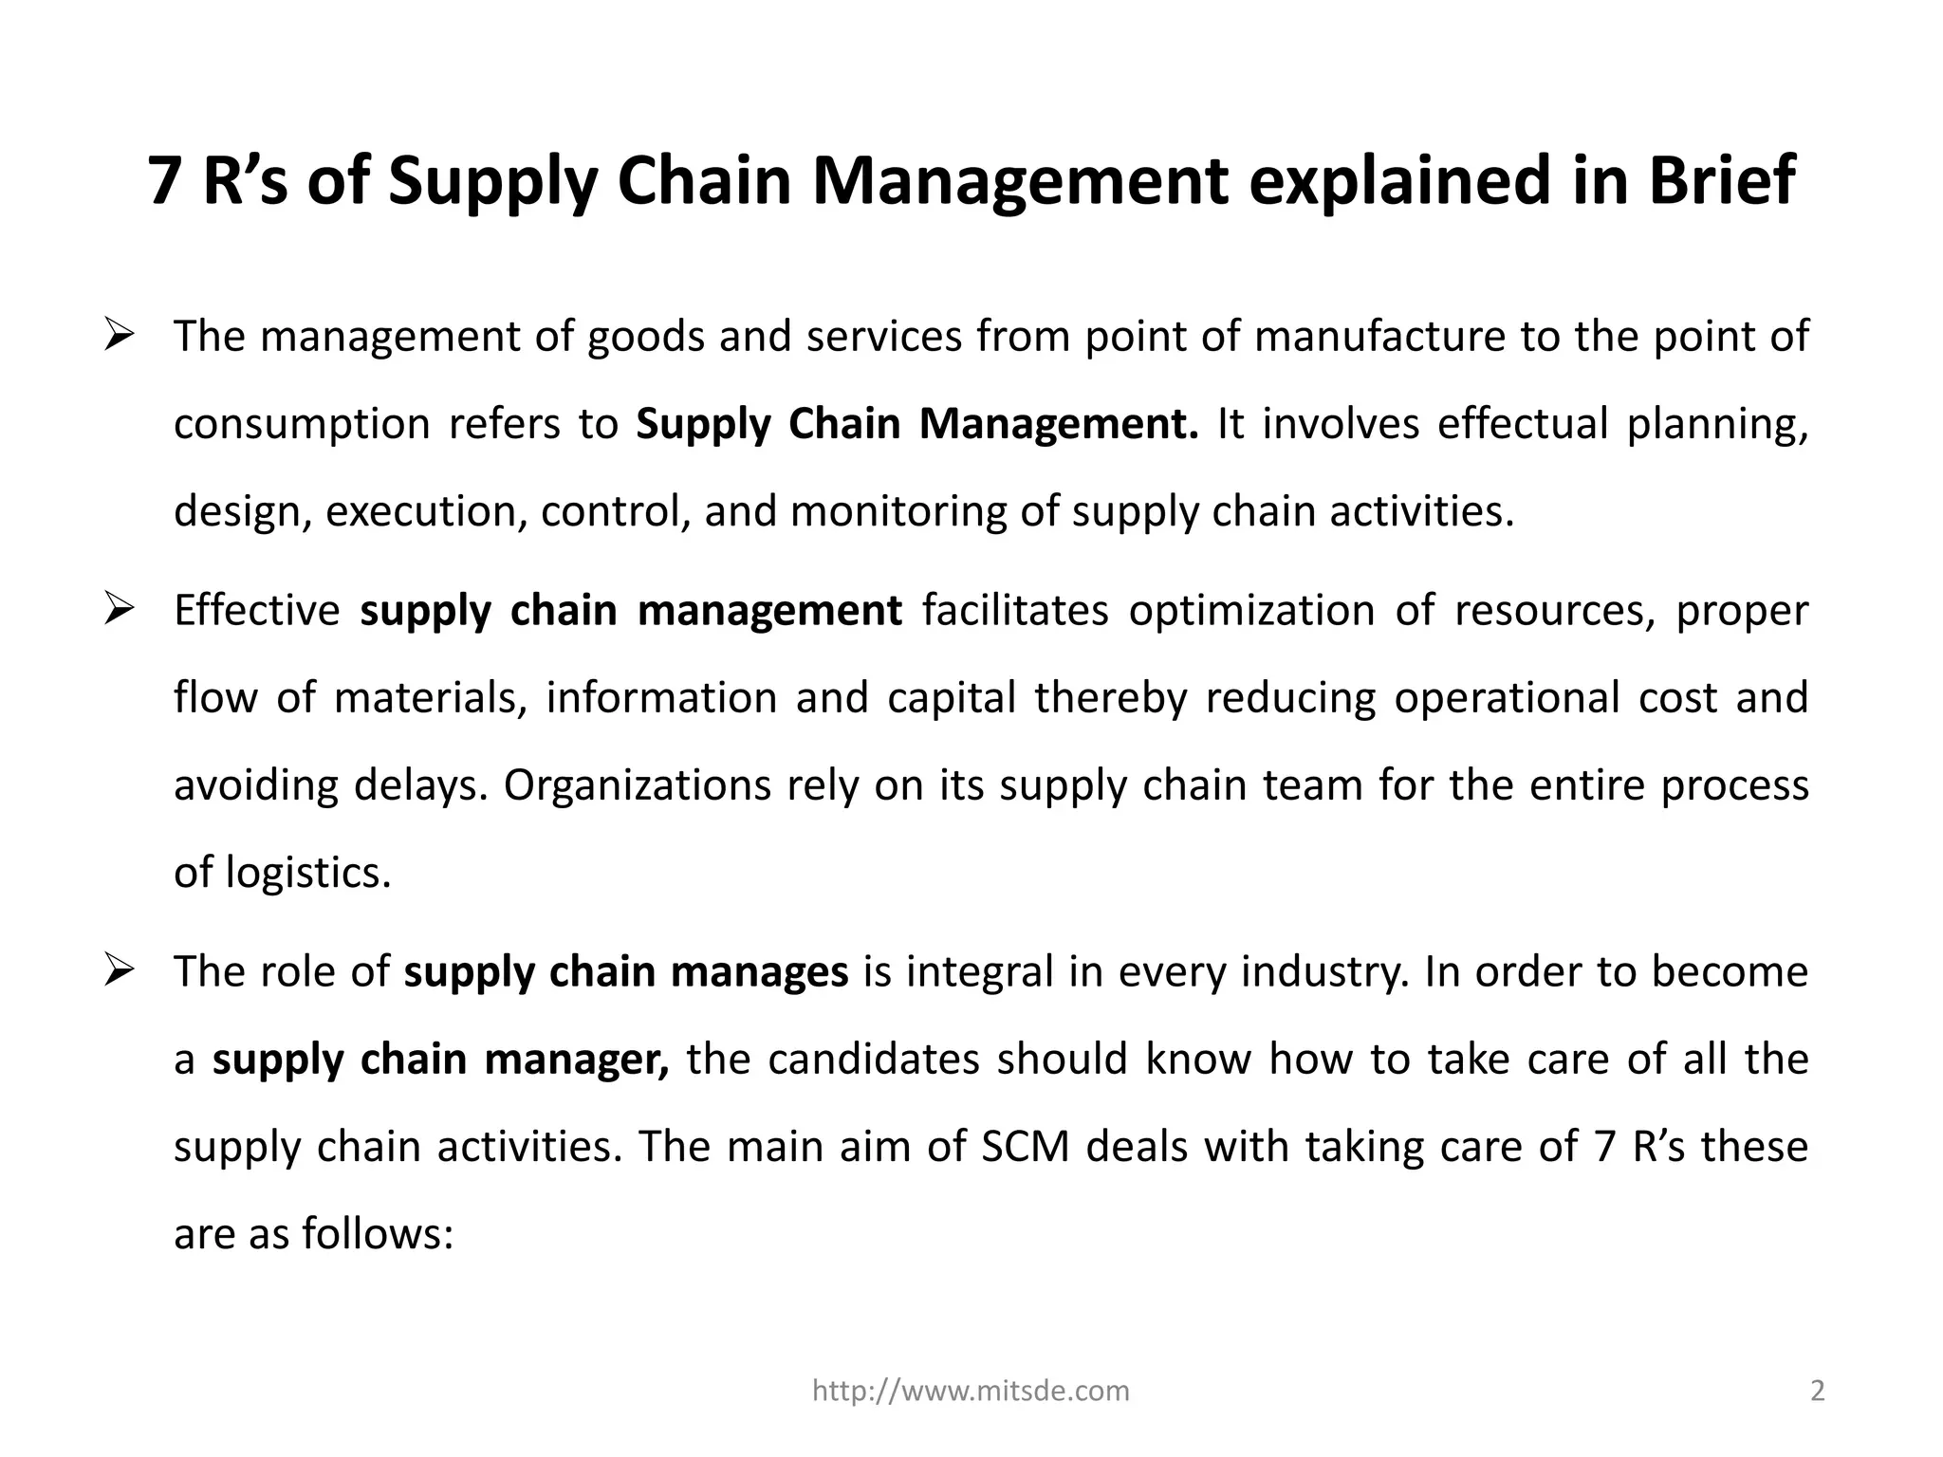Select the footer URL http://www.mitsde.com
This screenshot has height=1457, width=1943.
tap(971, 1391)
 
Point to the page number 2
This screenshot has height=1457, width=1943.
tap(1817, 1391)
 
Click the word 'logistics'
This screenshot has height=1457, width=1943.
tap(307, 873)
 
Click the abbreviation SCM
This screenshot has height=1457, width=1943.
tap(1026, 1147)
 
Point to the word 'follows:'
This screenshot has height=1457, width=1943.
tap(378, 1234)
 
